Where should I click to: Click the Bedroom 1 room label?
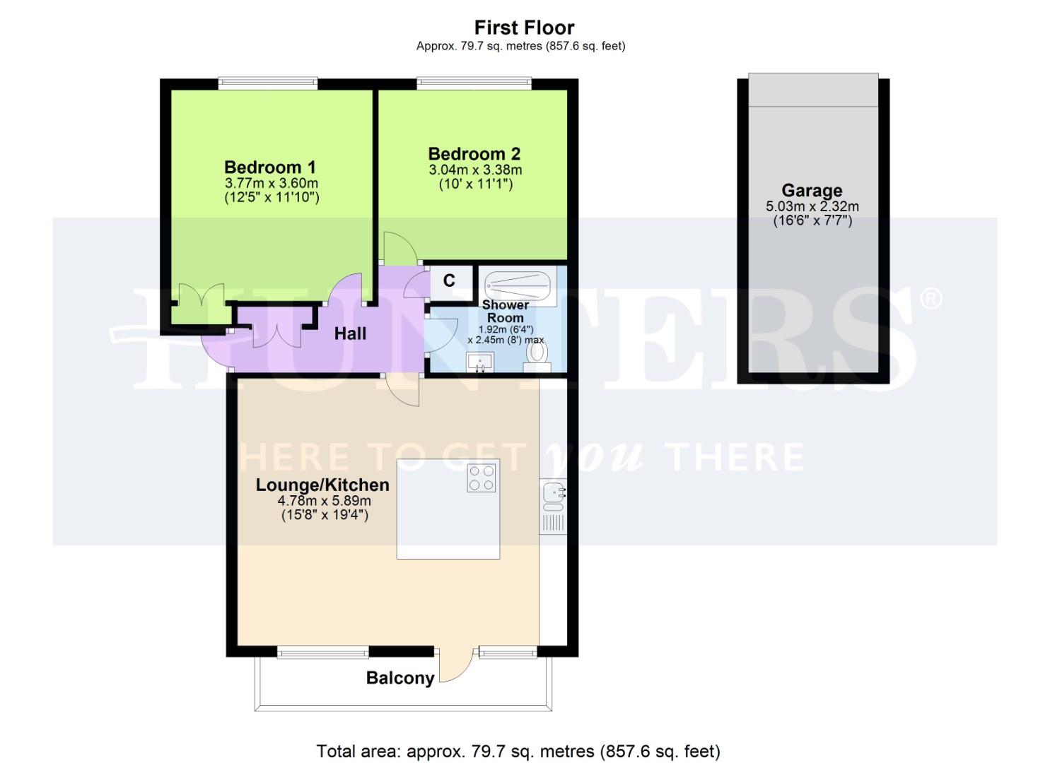click(x=269, y=167)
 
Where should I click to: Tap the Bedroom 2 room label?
click(x=474, y=154)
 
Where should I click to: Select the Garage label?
click(x=812, y=191)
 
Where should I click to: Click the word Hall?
click(x=350, y=333)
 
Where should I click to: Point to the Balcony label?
click(x=399, y=678)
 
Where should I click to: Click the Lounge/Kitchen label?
click(x=322, y=485)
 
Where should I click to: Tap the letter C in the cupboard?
click(x=449, y=280)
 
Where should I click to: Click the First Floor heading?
click(x=524, y=28)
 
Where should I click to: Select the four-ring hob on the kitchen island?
click(x=483, y=478)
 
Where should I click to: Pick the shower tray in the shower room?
click(x=518, y=285)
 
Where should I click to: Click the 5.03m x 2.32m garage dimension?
click(x=812, y=207)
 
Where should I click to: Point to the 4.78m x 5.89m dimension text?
click(x=324, y=501)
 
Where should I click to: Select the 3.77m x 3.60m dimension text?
click(x=271, y=184)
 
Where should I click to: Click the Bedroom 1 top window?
click(x=267, y=83)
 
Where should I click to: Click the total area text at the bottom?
click(x=518, y=751)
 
